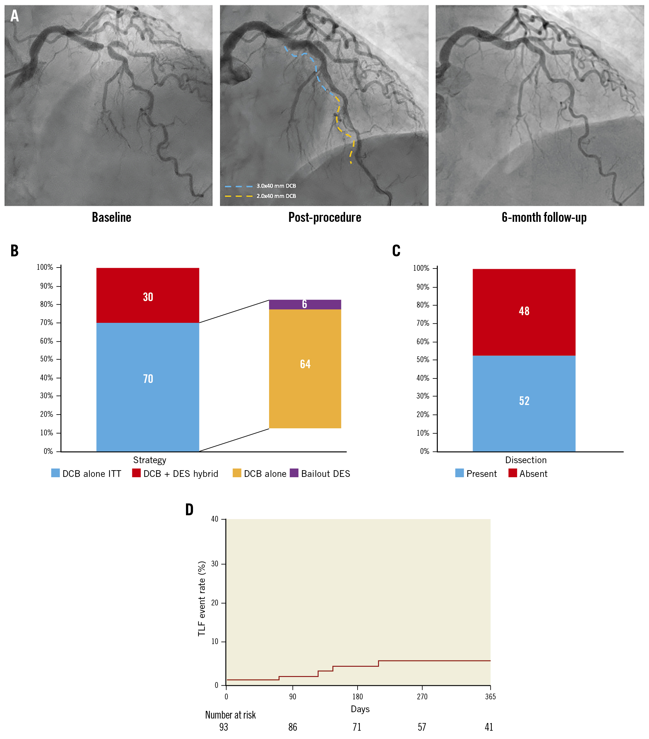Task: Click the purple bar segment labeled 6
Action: tap(305, 304)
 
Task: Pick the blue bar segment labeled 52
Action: tap(524, 403)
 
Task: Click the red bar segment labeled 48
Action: tap(524, 312)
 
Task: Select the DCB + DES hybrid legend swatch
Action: tap(136, 473)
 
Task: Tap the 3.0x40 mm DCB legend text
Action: tap(276, 186)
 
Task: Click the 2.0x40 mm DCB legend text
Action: tap(276, 196)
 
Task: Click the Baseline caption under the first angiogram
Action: tap(111, 217)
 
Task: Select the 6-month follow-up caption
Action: tap(544, 217)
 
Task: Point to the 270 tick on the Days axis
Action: tap(422, 697)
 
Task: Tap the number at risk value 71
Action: tap(357, 727)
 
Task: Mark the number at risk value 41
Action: tap(489, 727)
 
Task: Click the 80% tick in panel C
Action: tap(422, 305)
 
